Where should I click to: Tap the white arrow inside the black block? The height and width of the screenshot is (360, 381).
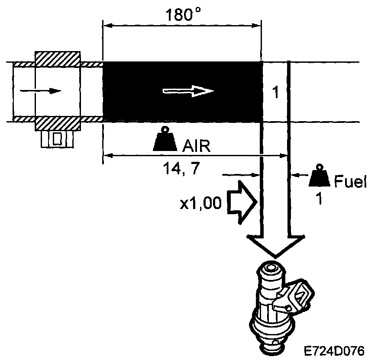188,91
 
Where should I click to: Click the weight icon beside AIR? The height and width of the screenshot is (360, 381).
165,140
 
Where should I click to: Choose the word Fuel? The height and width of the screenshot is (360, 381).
351,183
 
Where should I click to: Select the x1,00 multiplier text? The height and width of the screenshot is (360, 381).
200,204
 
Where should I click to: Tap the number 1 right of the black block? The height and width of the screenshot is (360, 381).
274,93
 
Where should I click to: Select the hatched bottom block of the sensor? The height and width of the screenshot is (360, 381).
57,123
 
